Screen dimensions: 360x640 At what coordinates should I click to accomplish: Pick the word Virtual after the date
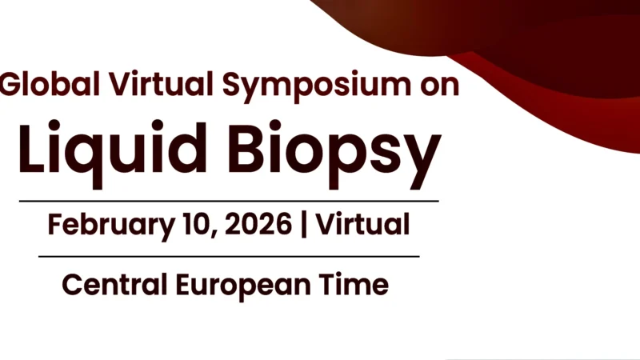pyautogui.click(x=362, y=224)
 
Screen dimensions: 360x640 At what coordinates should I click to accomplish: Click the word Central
pyautogui.click(x=112, y=284)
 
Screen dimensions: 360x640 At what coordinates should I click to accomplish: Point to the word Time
pyautogui.click(x=355, y=284)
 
